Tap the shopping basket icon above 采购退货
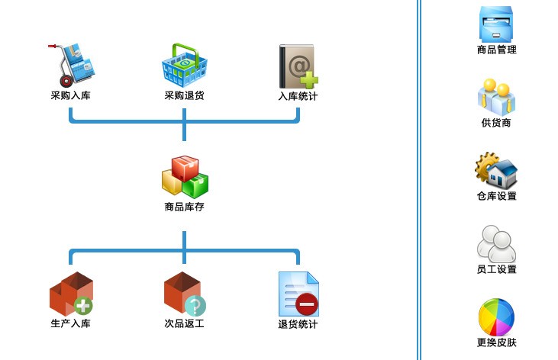pyautogui.click(x=184, y=66)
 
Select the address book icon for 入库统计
pyautogui.click(x=297, y=66)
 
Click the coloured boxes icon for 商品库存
pyautogui.click(x=185, y=176)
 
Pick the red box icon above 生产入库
pyautogui.click(x=71, y=294)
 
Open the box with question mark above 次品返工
pyautogui.click(x=184, y=294)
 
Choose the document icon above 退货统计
pyautogui.click(x=298, y=294)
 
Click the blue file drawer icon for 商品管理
pyautogui.click(x=497, y=23)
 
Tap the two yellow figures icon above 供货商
pyautogui.click(x=497, y=96)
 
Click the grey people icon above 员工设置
pyautogui.click(x=497, y=243)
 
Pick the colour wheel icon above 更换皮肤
pyautogui.click(x=497, y=317)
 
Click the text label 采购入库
pyautogui.click(x=71, y=96)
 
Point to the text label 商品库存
pyautogui.click(x=184, y=207)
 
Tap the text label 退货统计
pyautogui.click(x=298, y=325)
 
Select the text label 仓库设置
pyautogui.click(x=497, y=196)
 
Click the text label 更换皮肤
pyautogui.click(x=497, y=342)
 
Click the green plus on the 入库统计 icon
pyautogui.click(x=309, y=79)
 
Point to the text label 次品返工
pyautogui.click(x=184, y=324)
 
